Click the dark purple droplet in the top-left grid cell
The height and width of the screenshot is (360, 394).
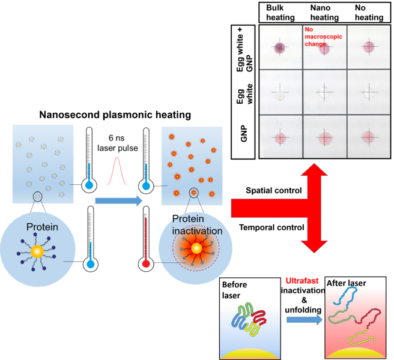pos(279,47)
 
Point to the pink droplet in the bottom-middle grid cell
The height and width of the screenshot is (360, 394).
pos(324,137)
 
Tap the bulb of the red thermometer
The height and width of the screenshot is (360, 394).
pos(145,263)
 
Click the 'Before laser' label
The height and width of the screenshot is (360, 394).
pos(234,289)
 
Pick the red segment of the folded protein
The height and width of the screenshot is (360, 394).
pos(258,317)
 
